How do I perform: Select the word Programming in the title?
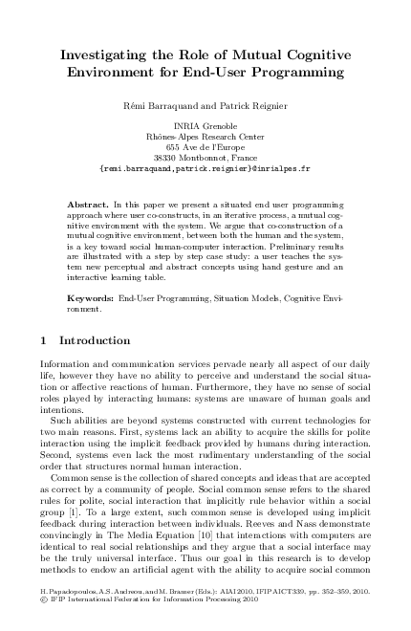pyautogui.click(x=294, y=72)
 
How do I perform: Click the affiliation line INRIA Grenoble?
pyautogui.click(x=205, y=126)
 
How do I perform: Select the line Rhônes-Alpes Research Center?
pyautogui.click(x=205, y=137)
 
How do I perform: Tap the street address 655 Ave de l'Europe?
pyautogui.click(x=205, y=147)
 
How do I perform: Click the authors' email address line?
pyautogui.click(x=205, y=168)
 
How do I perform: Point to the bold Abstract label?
pyautogui.click(x=88, y=206)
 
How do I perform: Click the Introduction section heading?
pyautogui.click(x=95, y=340)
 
